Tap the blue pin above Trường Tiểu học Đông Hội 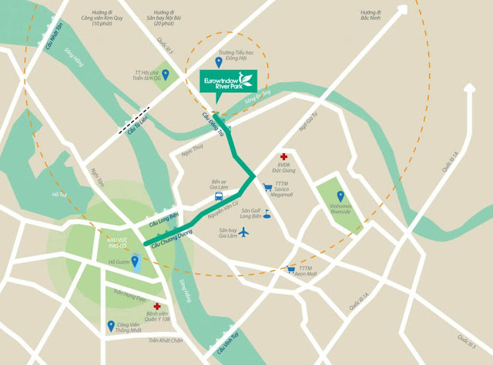218,62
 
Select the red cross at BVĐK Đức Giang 283,156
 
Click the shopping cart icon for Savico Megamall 268,186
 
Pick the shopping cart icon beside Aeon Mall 290,270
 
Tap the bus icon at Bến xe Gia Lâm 219,197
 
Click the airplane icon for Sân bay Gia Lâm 245,231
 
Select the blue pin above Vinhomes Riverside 340,196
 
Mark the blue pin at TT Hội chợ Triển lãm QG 167,75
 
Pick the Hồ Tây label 55,195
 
